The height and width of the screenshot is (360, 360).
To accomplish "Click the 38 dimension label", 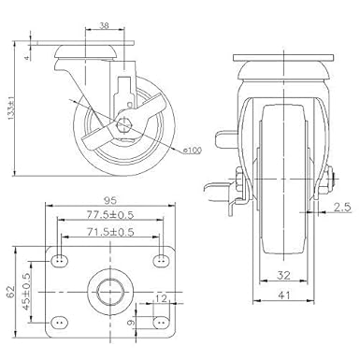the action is (x=104, y=25).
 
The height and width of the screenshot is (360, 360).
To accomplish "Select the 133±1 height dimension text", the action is (x=11, y=108).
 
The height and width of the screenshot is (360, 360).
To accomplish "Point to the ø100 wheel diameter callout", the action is (x=193, y=150).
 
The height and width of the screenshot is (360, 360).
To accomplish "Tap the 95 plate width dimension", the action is (x=110, y=200).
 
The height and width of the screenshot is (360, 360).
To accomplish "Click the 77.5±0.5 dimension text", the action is (x=110, y=214).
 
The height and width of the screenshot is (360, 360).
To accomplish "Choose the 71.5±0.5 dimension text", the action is (x=110, y=232).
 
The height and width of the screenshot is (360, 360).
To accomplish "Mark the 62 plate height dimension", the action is (x=10, y=293).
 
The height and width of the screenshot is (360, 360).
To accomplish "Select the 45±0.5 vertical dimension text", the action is (x=26, y=292).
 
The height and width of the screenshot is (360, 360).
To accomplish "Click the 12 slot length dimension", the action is (x=162, y=298).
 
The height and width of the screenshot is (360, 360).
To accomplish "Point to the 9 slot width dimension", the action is (x=132, y=322).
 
